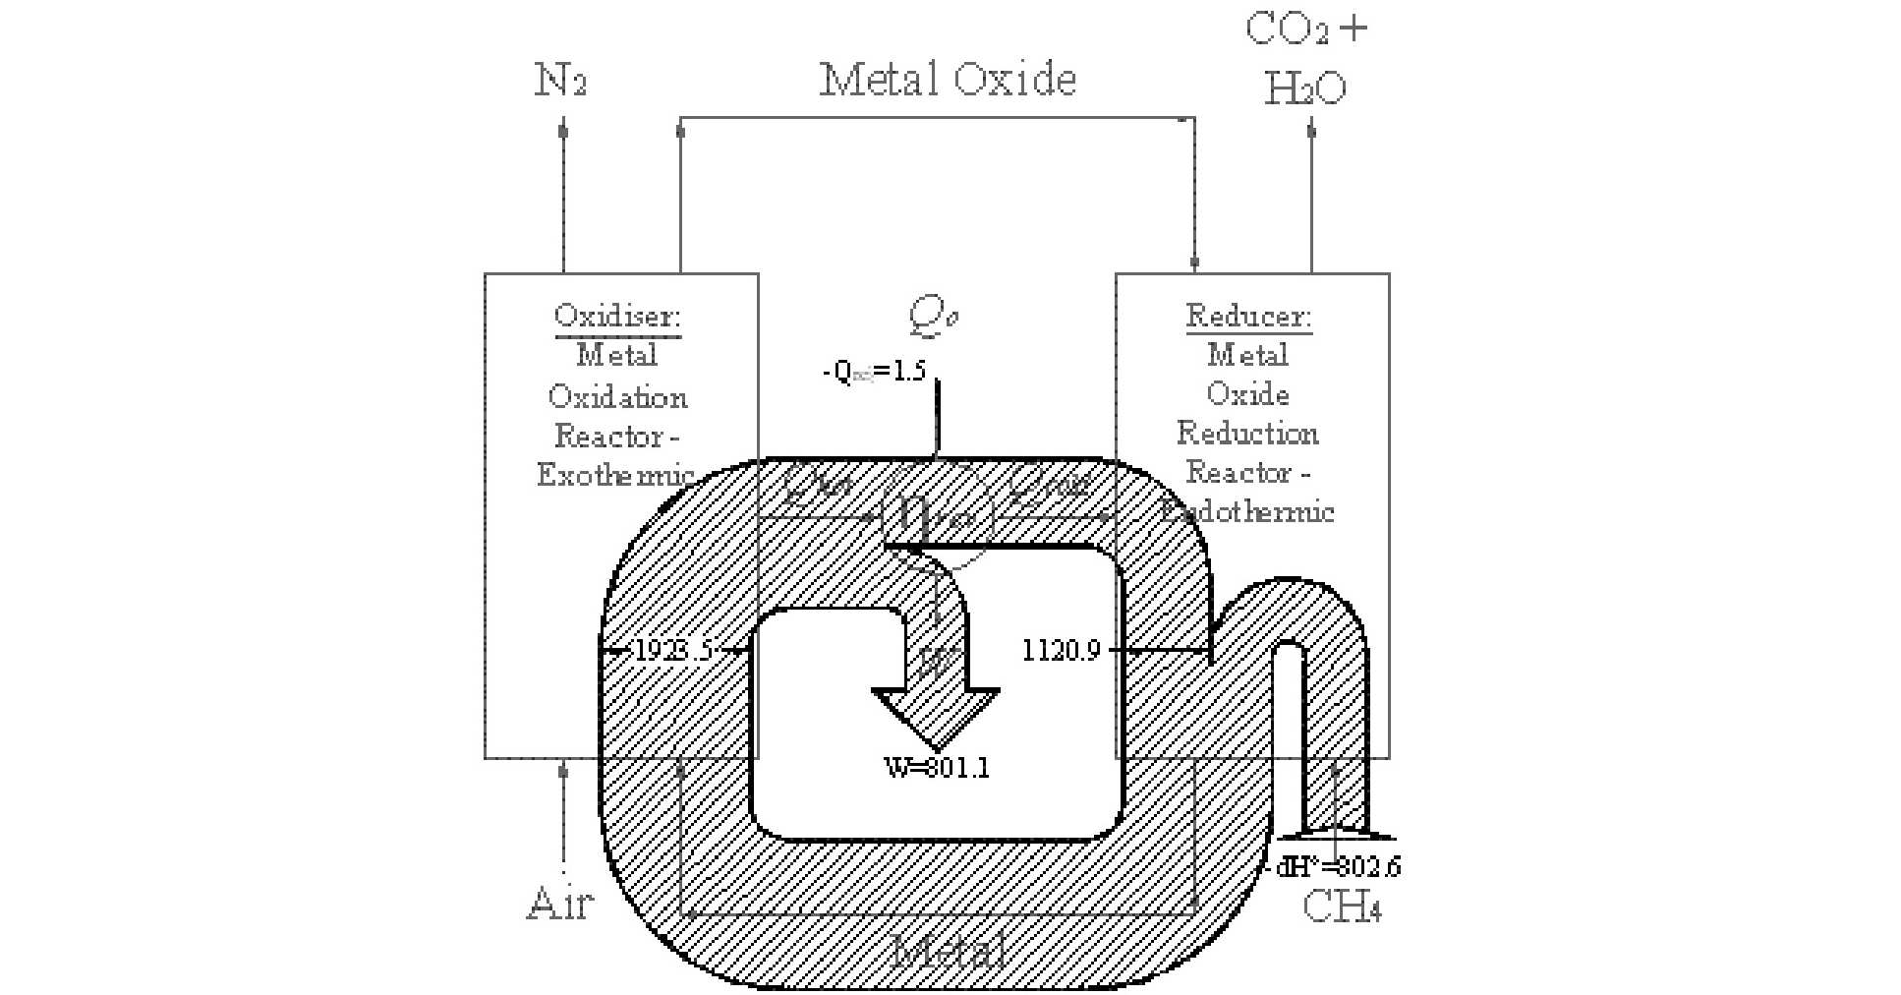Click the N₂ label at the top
coord(560,80)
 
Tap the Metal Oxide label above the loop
coord(948,80)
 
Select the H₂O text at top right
coord(1304,89)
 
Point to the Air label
coord(560,903)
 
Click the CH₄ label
coord(1342,907)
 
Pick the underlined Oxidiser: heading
coord(617,317)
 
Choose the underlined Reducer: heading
coord(1248,317)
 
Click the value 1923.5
coord(673,651)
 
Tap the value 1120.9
coord(1061,651)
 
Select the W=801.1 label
coord(937,768)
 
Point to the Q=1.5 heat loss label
coord(874,372)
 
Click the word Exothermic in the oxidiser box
coord(615,475)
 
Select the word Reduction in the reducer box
coord(1247,434)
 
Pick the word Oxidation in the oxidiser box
coord(617,397)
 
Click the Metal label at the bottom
coord(949,952)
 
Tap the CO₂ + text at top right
coord(1305,29)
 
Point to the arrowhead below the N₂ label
coord(563,129)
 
